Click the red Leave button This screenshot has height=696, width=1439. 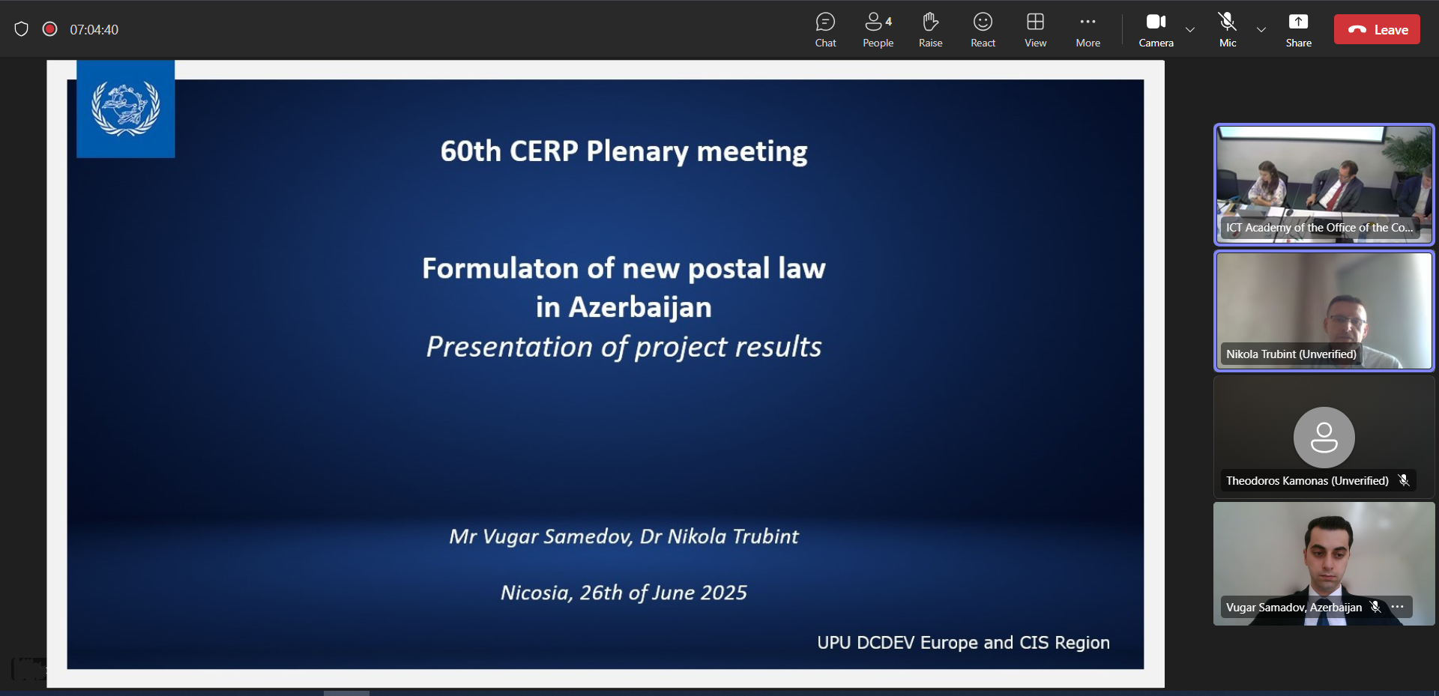[x=1377, y=30]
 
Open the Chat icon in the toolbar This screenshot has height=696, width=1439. [x=825, y=22]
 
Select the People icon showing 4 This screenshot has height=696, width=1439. [x=878, y=22]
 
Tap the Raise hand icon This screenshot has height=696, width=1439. [x=930, y=22]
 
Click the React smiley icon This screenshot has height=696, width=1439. [x=983, y=22]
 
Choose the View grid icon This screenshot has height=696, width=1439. [x=1035, y=22]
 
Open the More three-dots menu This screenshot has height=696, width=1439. [x=1087, y=22]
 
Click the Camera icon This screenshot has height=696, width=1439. [x=1156, y=22]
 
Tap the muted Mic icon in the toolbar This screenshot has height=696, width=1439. [x=1227, y=22]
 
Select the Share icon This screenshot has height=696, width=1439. [x=1298, y=22]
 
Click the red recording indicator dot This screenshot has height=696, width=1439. [x=50, y=29]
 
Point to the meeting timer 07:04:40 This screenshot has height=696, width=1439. [x=94, y=30]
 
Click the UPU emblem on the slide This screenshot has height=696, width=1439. [x=126, y=109]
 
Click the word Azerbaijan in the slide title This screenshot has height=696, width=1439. [x=640, y=308]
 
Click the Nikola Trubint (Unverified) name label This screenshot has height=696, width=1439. [x=1291, y=354]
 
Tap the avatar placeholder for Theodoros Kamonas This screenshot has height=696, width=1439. [x=1324, y=438]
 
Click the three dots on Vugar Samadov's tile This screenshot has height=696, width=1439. [x=1398, y=607]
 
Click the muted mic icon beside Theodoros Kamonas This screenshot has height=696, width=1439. [x=1404, y=480]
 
